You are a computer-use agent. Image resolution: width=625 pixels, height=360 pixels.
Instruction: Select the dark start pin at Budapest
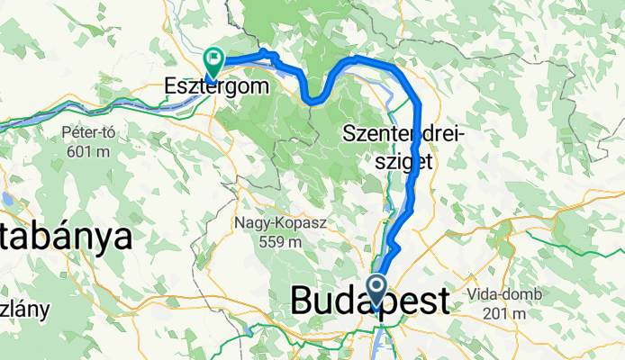pyautogui.click(x=376, y=291)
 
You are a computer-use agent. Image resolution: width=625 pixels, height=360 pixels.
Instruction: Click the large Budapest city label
pyautogui.click(x=369, y=301)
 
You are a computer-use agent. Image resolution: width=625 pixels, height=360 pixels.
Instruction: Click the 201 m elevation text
pyautogui.click(x=500, y=313)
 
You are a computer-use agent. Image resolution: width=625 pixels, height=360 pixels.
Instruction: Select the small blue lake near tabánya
pyautogui.click(x=7, y=199)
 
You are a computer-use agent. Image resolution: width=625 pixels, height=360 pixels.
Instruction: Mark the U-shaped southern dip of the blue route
pyautogui.click(x=312, y=100)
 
